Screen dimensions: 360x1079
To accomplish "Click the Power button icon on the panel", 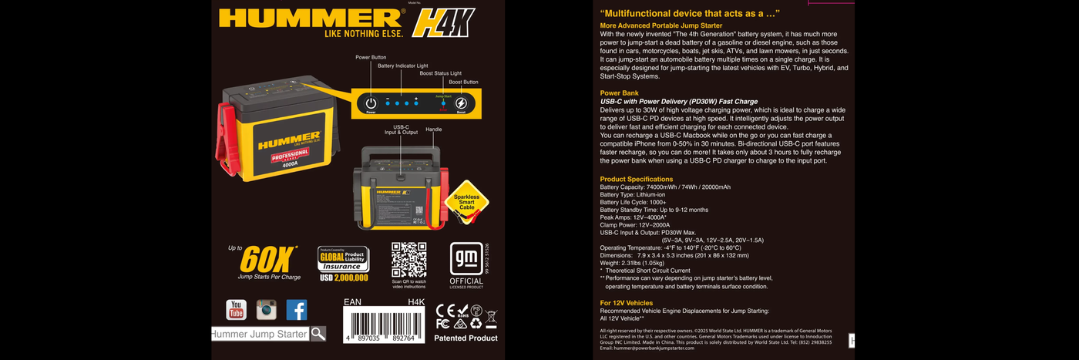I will tap(371, 103).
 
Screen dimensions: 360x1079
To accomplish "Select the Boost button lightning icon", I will tap(461, 103).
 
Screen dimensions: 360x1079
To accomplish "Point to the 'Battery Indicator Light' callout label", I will tap(402, 66).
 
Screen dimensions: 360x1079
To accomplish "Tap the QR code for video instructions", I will tap(408, 260).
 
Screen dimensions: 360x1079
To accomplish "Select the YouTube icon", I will tap(236, 310).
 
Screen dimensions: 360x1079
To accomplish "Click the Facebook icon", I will tap(297, 310).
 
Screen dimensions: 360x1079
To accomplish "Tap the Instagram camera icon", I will tap(267, 310).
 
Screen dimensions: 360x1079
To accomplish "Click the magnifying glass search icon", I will tap(318, 334).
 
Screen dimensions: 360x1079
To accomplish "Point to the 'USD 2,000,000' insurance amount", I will tap(343, 278).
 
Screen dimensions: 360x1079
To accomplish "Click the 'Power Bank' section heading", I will tap(619, 93).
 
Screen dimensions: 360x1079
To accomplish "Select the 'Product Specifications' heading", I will tap(636, 179).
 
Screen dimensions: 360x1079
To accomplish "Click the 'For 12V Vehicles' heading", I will tap(626, 303).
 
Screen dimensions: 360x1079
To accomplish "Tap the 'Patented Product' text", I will tap(466, 338).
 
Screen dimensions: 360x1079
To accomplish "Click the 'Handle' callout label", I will tap(434, 130).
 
